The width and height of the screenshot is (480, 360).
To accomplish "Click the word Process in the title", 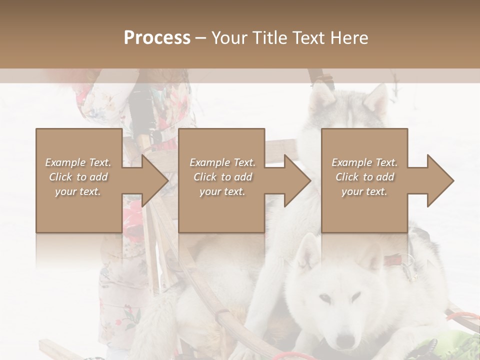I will click(157, 38).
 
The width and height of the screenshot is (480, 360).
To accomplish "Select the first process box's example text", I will click(78, 177).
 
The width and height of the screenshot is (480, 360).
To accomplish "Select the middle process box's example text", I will click(222, 177).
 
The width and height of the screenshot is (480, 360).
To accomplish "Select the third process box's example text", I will click(364, 177).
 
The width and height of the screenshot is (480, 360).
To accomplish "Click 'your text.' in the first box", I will click(78, 191).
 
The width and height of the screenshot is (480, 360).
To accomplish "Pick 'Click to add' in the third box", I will click(364, 177).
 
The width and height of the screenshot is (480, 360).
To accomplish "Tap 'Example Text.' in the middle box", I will click(222, 162).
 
